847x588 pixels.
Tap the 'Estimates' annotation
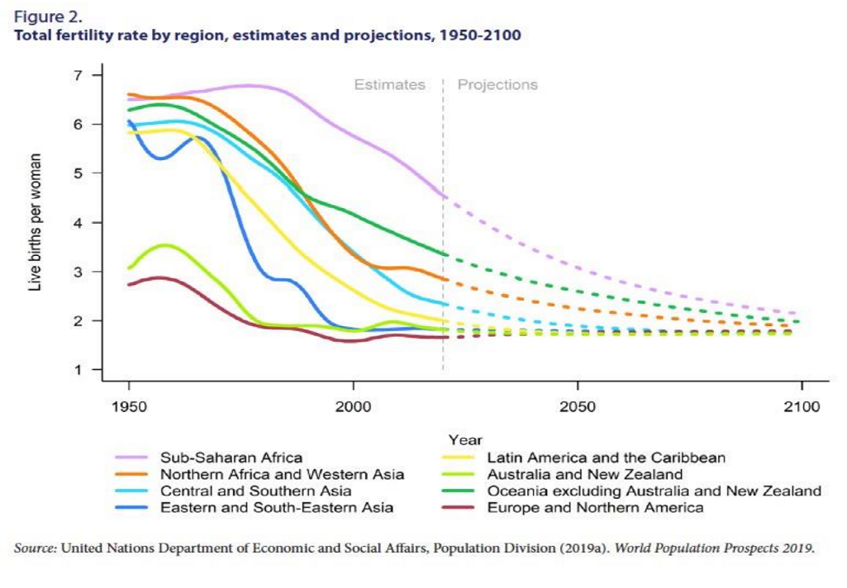pos(390,84)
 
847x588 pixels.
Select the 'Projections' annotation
pos(497,84)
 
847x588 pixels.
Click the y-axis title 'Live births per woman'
pos(36,223)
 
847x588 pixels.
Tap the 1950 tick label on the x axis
pos(129,408)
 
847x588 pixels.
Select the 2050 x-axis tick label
pos(578,408)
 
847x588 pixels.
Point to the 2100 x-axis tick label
pos(802,408)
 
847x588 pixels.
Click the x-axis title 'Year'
pos(465,441)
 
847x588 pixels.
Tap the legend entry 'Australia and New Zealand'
pos(585,474)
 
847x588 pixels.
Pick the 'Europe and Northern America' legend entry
pos(595,507)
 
